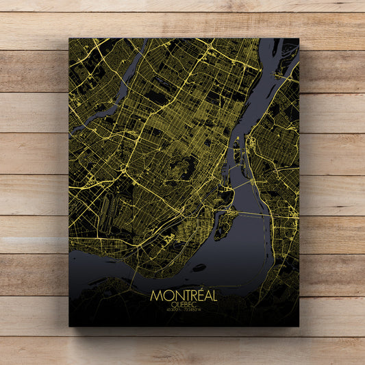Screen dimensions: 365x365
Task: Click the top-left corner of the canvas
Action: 69,38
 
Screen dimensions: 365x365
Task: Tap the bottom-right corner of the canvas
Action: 299,326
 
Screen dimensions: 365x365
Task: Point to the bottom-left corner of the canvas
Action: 69,326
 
